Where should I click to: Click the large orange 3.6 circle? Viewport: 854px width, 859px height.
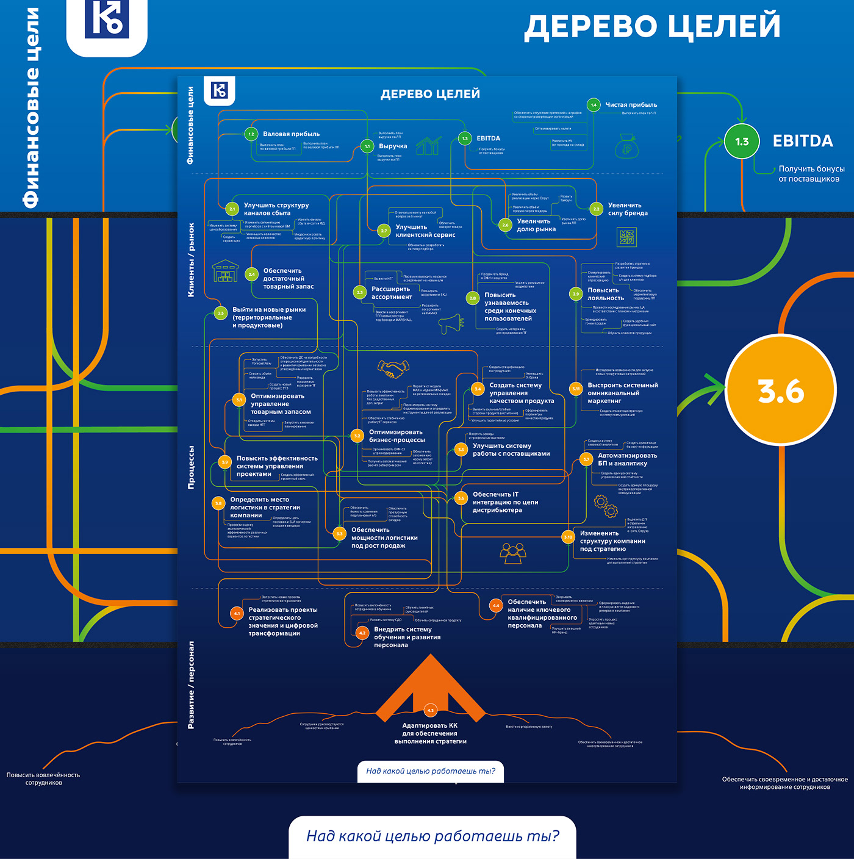click(x=781, y=391)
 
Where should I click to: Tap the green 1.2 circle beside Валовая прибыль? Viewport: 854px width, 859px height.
click(x=251, y=134)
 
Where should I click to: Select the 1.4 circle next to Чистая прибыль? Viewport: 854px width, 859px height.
click(x=594, y=105)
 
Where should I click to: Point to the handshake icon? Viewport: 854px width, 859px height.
click(x=393, y=368)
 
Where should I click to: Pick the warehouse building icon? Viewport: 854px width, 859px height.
click(x=225, y=271)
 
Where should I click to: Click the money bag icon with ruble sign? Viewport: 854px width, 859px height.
click(x=626, y=146)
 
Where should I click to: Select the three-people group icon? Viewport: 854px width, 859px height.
click(x=512, y=552)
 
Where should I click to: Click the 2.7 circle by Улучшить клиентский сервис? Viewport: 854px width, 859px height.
click(x=384, y=231)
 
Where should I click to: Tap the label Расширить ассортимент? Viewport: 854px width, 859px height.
click(x=392, y=293)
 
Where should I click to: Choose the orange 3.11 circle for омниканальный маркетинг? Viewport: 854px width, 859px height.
click(x=576, y=389)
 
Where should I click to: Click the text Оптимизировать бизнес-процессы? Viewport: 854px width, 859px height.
click(x=396, y=436)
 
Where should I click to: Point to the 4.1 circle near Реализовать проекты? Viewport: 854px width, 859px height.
click(x=237, y=614)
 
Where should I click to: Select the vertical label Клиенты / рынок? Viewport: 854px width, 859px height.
click(x=191, y=260)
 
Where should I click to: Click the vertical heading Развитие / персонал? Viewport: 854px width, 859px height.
click(x=191, y=685)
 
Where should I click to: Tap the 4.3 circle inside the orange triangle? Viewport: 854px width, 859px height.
click(x=430, y=710)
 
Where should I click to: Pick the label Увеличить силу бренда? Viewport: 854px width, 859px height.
click(x=628, y=209)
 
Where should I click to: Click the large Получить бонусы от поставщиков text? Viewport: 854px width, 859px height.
click(x=811, y=174)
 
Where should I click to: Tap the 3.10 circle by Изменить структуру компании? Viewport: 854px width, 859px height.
click(x=568, y=537)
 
